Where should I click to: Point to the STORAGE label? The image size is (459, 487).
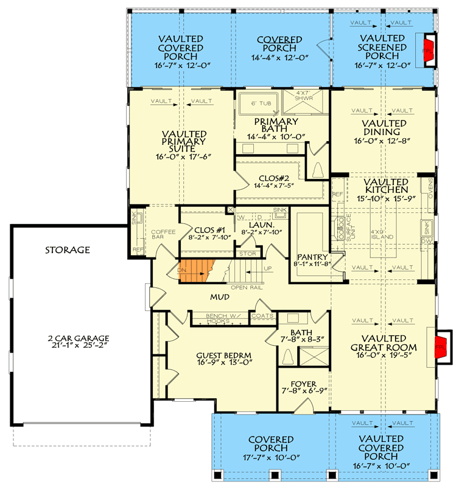[x=67, y=250]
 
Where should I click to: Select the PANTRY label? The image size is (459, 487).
[x=312, y=256]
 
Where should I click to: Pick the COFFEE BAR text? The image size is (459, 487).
[x=163, y=235]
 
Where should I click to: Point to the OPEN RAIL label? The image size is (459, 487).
[x=247, y=287]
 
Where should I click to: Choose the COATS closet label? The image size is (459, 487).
[x=262, y=315]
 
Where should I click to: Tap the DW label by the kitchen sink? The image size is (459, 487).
[x=426, y=242]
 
